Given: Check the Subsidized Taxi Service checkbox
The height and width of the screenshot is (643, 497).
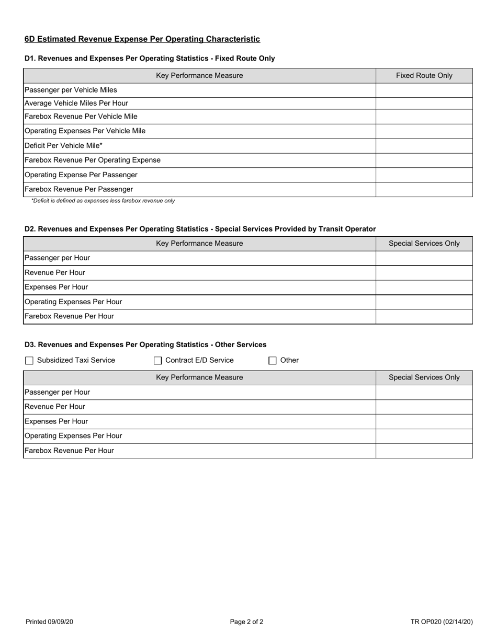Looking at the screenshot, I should [29, 360].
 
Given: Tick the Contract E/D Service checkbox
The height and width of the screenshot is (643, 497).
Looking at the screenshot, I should [157, 360].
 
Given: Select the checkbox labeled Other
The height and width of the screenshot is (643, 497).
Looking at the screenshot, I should [272, 360].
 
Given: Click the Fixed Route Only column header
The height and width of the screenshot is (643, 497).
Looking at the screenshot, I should [424, 76].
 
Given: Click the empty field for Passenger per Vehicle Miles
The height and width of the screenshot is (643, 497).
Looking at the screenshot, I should [424, 90].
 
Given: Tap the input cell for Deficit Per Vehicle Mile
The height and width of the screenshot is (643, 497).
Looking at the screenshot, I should [424, 146].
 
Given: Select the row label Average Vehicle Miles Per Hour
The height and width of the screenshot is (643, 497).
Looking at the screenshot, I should [76, 104].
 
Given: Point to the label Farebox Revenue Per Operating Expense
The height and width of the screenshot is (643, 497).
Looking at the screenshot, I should [93, 160].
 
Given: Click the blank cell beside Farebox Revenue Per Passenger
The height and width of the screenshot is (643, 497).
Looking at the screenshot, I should [424, 189].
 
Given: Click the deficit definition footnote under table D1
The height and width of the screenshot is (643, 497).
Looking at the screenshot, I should [103, 201].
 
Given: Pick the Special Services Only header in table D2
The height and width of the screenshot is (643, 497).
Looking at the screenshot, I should [424, 244].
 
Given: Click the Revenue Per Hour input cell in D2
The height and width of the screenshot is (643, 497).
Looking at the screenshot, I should [424, 273].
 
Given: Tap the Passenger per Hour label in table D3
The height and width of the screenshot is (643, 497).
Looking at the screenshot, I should [58, 392].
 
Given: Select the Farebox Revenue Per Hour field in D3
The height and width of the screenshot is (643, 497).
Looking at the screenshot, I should [424, 451].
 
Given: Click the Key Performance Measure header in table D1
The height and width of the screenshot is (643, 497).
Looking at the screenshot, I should [199, 76].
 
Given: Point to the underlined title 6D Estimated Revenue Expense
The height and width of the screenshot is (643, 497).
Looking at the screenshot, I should [142, 39].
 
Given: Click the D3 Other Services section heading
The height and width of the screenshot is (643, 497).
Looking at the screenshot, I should [145, 345].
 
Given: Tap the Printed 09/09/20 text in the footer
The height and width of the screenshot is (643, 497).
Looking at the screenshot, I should [49, 622].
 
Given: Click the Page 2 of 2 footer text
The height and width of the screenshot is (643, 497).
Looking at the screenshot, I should [246, 622].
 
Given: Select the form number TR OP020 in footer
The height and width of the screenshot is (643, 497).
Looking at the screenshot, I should [442, 622].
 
